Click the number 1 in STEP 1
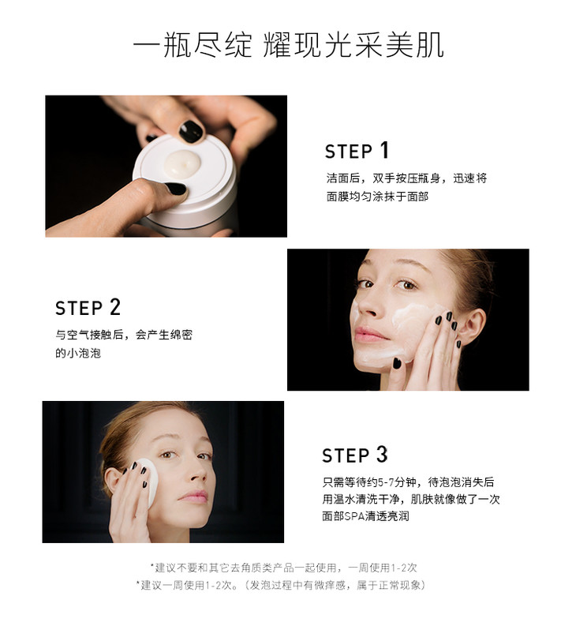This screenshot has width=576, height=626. coord(384,150)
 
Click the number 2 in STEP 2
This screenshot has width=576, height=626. coord(114,307)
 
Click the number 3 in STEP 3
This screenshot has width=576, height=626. coord(382,455)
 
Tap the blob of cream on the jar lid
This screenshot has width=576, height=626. coord(182,163)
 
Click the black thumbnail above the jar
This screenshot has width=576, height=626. coord(190,131)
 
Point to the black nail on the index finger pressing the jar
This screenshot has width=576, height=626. coord(176,188)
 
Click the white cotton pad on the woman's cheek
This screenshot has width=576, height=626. coord(148,484)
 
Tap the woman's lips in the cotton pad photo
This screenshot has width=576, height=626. coord(194,497)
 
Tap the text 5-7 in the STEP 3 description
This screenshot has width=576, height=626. coord(386,482)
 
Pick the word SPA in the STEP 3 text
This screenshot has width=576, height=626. coord(353,516)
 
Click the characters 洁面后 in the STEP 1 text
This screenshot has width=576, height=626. coord(343,178)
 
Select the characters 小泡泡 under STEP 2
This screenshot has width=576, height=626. coord(84,353)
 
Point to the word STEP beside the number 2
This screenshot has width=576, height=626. coord(79,309)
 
